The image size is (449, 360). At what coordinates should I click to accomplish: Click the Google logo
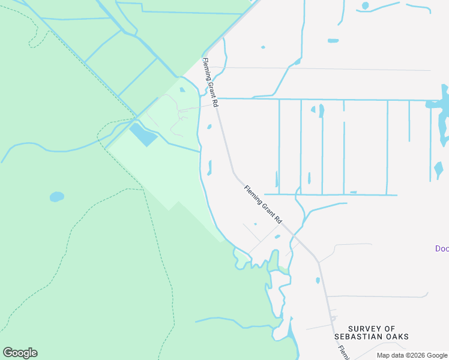coord(20,353)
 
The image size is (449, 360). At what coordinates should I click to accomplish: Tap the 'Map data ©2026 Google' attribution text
coord(412,355)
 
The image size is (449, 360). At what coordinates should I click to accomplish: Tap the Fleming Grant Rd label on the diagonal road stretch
coord(263,205)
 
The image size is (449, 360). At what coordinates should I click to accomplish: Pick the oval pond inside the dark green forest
coord(56,196)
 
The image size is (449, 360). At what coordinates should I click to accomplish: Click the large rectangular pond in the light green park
coord(143,134)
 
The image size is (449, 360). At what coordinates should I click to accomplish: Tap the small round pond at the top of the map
coord(365,6)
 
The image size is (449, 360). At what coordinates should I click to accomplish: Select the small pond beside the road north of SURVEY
coord(318,280)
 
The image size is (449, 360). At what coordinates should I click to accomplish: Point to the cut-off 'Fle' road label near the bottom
coord(343,353)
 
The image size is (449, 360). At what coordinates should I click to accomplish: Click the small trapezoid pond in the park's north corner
coord(182,90)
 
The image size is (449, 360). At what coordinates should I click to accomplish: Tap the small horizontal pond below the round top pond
coord(333,41)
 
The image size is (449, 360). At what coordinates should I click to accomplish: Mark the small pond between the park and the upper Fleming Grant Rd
coord(209,127)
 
